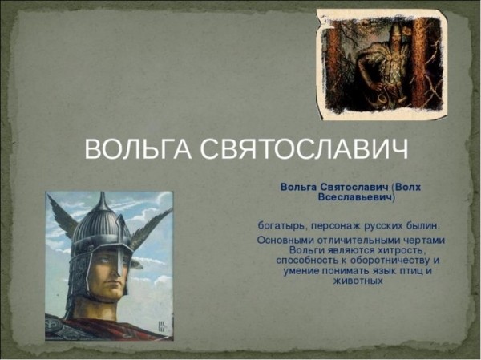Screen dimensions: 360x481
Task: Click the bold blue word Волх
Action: tap(406, 186)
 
